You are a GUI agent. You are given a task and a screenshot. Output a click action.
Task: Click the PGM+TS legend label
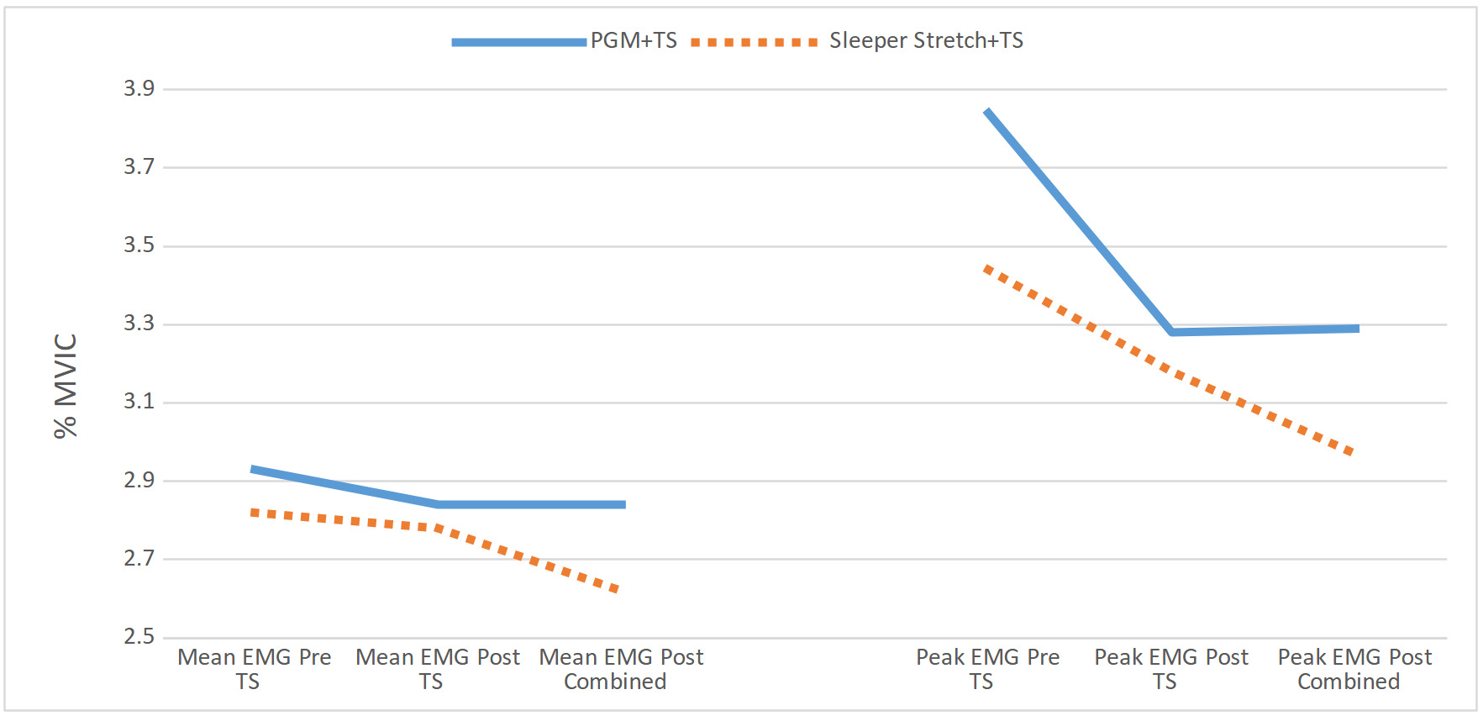click(634, 40)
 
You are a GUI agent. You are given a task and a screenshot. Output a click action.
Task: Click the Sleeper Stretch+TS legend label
click(926, 40)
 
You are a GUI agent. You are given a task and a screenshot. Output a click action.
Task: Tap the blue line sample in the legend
click(518, 42)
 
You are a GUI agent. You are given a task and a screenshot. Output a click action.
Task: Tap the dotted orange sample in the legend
click(754, 42)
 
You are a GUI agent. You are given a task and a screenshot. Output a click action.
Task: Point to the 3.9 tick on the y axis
click(139, 88)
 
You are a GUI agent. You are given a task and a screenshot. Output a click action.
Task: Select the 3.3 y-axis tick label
click(139, 324)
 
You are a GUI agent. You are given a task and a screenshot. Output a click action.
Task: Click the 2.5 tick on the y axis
click(139, 636)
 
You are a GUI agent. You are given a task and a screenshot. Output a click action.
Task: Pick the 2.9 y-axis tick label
click(139, 480)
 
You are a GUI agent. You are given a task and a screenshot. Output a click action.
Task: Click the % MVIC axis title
click(66, 386)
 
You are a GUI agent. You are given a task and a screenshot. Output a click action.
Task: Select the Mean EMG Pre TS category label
click(254, 669)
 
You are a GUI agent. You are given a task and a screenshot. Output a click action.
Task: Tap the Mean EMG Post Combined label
click(620, 669)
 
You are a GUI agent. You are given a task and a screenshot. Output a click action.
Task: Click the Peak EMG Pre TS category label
click(987, 669)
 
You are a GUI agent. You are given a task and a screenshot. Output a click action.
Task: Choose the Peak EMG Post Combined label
click(1354, 669)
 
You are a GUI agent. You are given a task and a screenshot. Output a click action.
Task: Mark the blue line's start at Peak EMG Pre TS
click(987, 110)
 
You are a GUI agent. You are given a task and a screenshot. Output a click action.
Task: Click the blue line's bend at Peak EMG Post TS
click(1171, 332)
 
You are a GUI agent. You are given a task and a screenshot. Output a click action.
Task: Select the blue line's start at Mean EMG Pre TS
click(252, 469)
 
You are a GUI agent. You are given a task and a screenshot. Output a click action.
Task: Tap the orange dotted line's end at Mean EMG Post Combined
click(618, 590)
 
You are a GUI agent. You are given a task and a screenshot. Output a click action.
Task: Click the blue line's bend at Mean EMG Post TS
click(437, 504)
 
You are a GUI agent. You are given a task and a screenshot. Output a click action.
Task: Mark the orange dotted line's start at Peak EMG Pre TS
click(986, 268)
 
